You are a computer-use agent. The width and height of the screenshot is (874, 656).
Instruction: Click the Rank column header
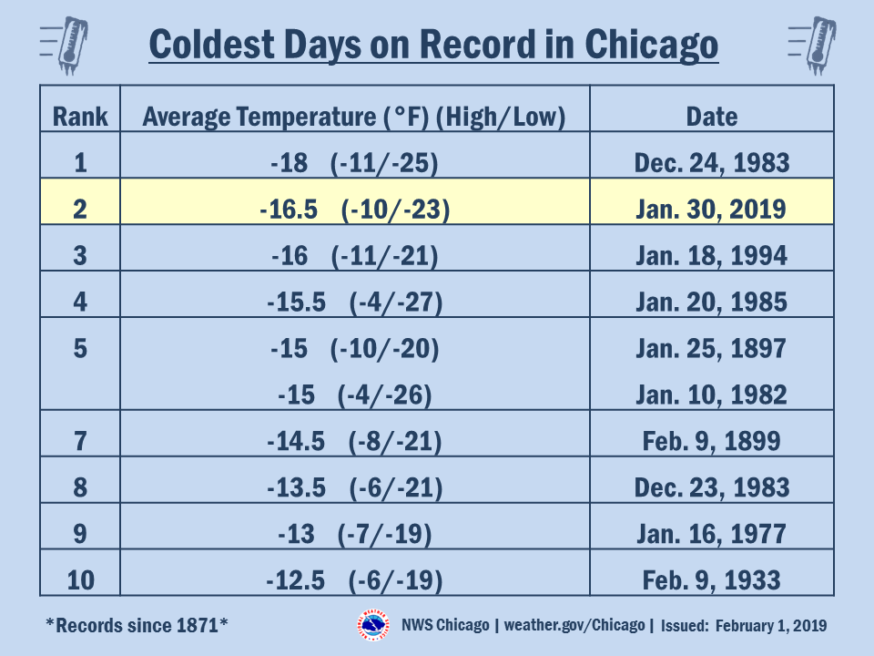[x=80, y=117]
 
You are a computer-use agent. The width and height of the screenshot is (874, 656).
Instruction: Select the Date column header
[x=712, y=117]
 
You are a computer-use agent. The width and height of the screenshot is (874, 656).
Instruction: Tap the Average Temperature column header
[x=354, y=118]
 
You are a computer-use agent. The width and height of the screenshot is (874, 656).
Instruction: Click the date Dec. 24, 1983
[x=712, y=163]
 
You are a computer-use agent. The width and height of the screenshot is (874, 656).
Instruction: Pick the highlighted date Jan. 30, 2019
[x=711, y=210]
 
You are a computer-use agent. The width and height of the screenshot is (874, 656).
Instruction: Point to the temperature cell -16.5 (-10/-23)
[x=355, y=210]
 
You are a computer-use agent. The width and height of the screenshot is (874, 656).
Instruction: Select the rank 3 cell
[x=80, y=255]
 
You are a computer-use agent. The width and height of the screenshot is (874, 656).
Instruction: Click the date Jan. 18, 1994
[x=712, y=255]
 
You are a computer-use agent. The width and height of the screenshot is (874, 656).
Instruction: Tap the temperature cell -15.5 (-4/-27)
[x=354, y=302]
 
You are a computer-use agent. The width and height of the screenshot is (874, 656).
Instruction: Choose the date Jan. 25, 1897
[x=711, y=349]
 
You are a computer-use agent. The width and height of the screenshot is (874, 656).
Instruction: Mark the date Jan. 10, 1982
[x=712, y=395]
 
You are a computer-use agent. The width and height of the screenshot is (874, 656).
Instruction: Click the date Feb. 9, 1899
[x=711, y=441]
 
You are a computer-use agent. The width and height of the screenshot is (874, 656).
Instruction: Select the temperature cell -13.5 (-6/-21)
[x=354, y=487]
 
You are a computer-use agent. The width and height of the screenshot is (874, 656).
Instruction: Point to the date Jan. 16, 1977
[x=711, y=534]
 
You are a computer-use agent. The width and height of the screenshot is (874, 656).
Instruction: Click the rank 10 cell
[x=80, y=580]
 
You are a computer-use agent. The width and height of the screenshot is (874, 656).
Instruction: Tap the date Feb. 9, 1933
[x=711, y=580]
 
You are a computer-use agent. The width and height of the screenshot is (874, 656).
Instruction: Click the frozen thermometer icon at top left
[x=65, y=46]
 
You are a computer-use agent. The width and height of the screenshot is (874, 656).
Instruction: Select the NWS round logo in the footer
[x=373, y=625]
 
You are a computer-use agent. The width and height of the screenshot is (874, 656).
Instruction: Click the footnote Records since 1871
[x=137, y=625]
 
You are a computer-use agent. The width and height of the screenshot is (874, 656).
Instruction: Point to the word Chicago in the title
[x=651, y=45]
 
